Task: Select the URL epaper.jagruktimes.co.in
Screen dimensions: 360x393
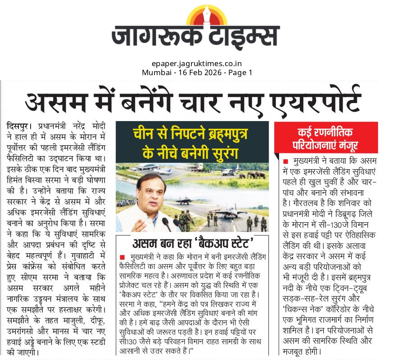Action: pos(196,63)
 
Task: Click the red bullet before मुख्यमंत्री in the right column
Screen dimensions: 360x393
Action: pos(285,161)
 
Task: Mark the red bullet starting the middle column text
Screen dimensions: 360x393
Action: pos(122,256)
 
